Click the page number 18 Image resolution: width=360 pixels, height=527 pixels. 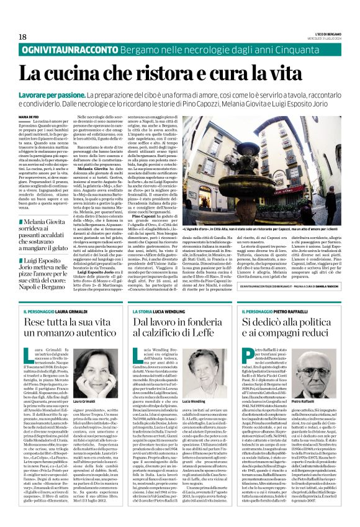pos(23,37)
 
